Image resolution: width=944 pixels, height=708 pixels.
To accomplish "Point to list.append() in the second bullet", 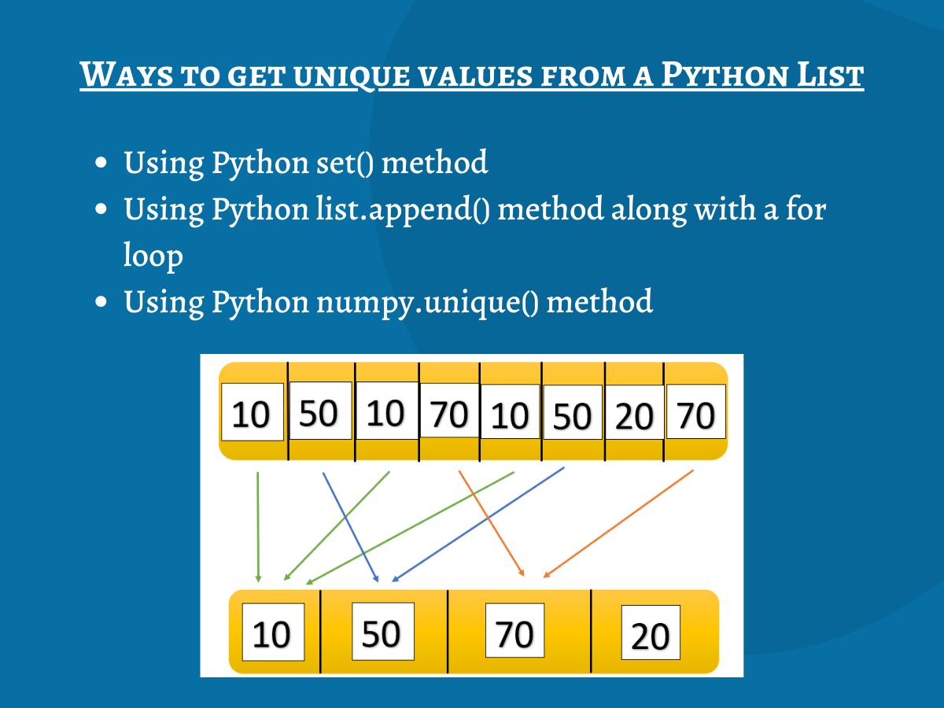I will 400,210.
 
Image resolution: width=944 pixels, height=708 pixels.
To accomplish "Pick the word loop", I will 153,256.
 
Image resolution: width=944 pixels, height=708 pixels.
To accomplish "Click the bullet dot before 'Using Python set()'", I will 101,164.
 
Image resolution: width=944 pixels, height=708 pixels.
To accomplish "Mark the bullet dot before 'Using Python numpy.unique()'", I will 101,302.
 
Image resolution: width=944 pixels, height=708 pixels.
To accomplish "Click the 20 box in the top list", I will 634,415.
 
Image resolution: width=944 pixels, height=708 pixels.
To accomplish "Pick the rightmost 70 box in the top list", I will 695,412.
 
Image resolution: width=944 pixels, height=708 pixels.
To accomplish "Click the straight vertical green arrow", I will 258,527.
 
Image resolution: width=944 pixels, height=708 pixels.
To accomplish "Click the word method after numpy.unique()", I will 599,301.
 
